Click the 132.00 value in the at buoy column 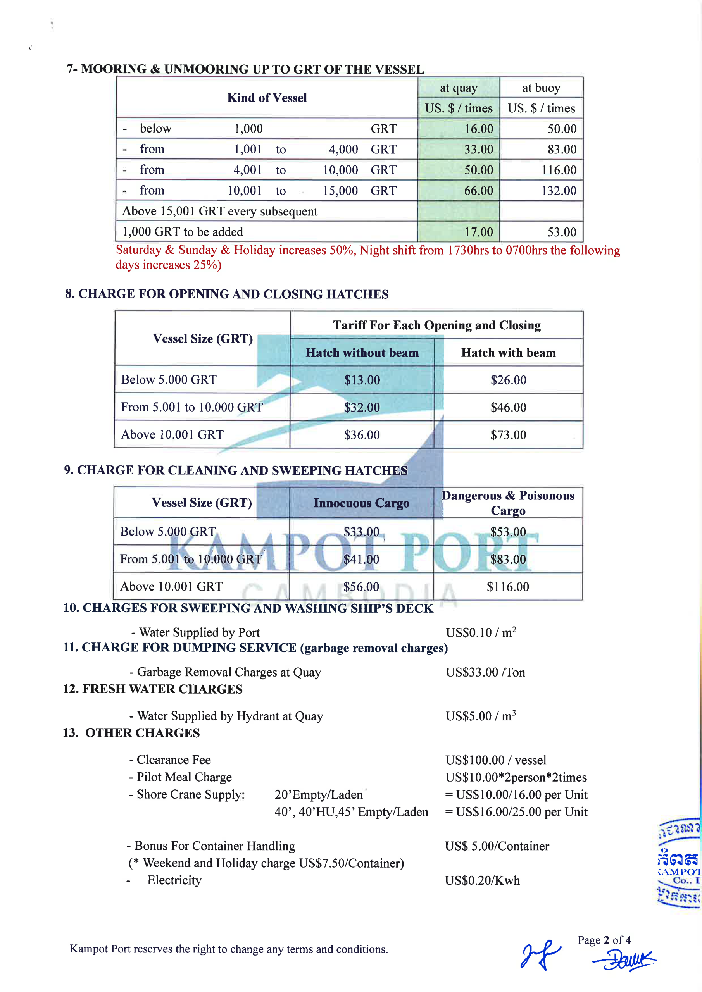pyautogui.click(x=559, y=191)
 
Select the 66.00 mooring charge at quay pyautogui.click(x=478, y=191)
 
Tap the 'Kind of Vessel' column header pyautogui.click(x=267, y=98)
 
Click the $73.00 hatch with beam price pyautogui.click(x=508, y=435)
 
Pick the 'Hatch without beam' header pyautogui.click(x=362, y=353)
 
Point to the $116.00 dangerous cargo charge pyautogui.click(x=507, y=586)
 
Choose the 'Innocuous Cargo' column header pyautogui.click(x=361, y=503)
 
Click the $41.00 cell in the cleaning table pyautogui.click(x=361, y=559)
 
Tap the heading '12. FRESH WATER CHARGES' pyautogui.click(x=153, y=689)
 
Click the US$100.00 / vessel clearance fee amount pyautogui.click(x=495, y=760)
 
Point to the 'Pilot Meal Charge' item pyautogui.click(x=184, y=777)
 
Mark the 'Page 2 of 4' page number pyautogui.click(x=604, y=940)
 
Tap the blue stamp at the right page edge pyautogui.click(x=679, y=862)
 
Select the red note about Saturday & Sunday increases pyautogui.click(x=367, y=257)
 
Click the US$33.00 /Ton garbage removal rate pyautogui.click(x=485, y=672)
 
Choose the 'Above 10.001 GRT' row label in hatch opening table pyautogui.click(x=172, y=434)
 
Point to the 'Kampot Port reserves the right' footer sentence pyautogui.click(x=229, y=949)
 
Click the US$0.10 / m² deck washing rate pyautogui.click(x=481, y=632)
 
